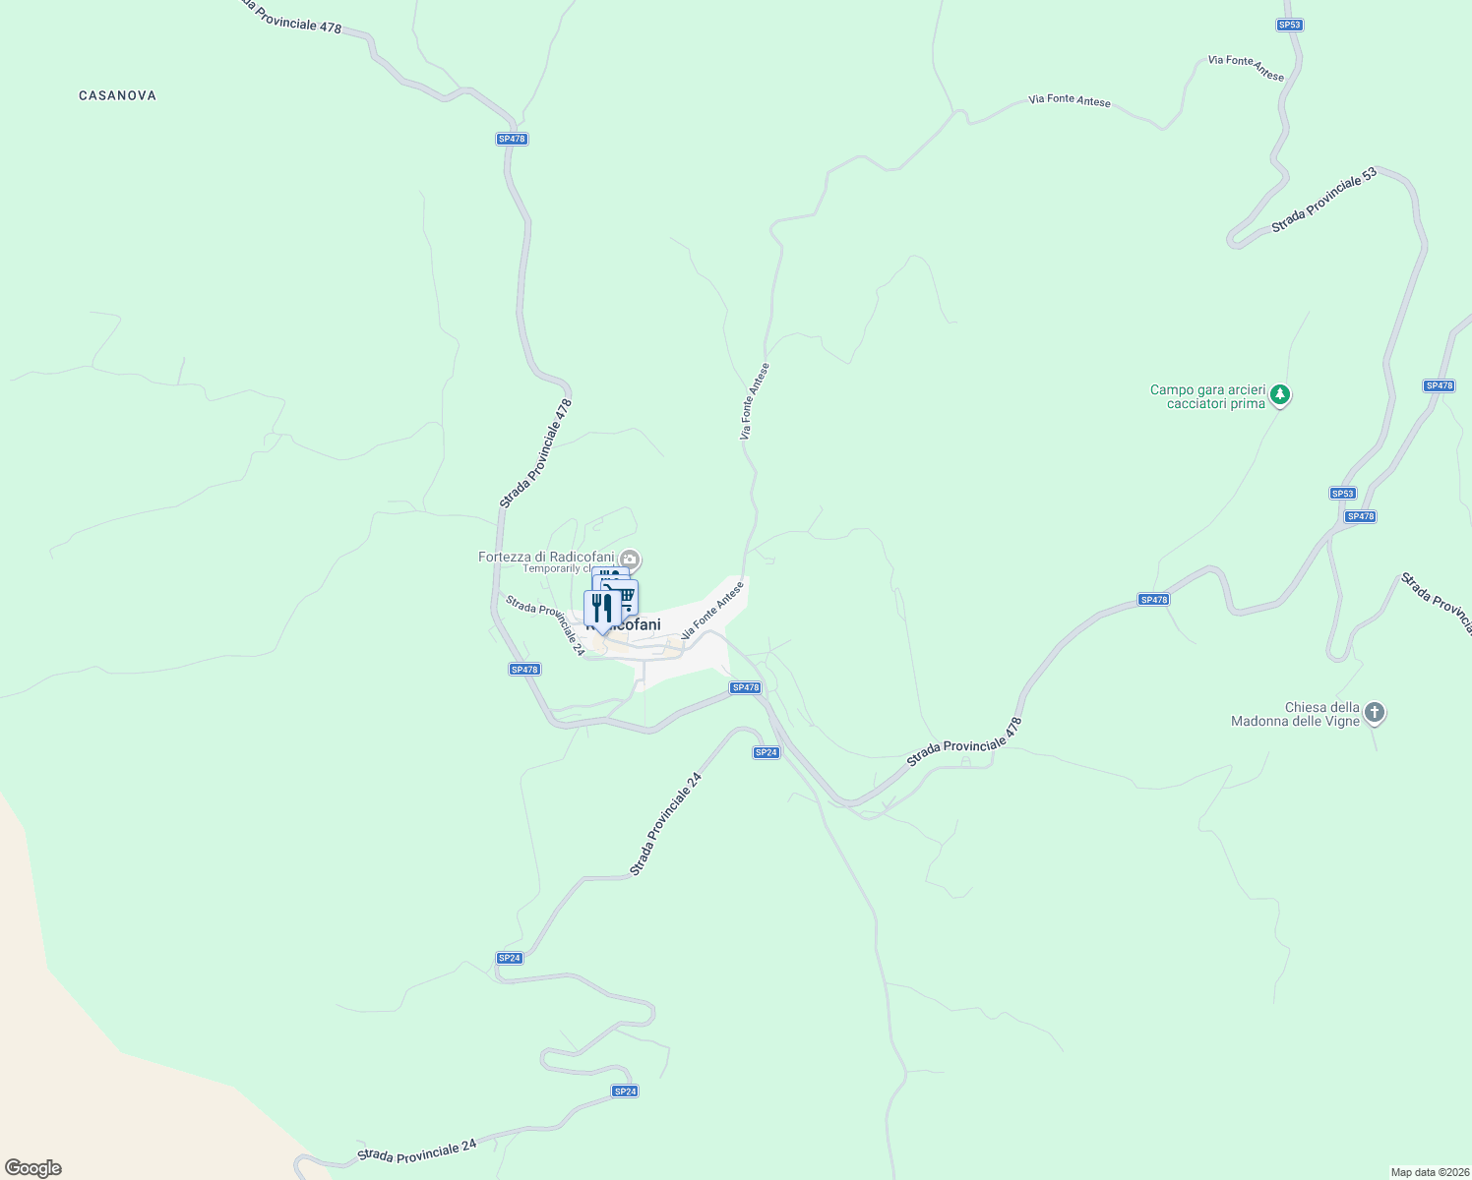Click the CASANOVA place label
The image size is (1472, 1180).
pos(117,95)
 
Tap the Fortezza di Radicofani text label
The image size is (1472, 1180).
pos(546,557)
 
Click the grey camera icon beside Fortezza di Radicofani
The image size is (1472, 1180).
pos(631,560)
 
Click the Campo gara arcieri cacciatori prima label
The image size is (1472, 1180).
pos(1207,396)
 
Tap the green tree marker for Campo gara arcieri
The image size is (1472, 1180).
pos(1279,395)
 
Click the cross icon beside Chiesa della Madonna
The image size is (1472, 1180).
pos(1375,712)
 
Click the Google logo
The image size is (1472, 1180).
pos(33,1168)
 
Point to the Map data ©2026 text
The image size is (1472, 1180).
pos(1429,1172)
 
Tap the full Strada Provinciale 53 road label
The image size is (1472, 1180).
pos(1323,201)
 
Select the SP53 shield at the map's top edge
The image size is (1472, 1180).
pos(1290,25)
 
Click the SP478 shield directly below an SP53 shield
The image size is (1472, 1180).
pos(1360,516)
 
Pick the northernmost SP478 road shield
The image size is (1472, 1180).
pos(512,139)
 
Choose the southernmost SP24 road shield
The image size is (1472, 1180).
pos(625,1091)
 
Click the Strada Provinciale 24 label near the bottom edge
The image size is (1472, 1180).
pos(417,1150)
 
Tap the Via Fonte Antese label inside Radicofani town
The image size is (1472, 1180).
pos(712,610)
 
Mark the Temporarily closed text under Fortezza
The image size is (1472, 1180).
pos(556,568)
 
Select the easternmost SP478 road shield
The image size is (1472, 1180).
pos(1439,385)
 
